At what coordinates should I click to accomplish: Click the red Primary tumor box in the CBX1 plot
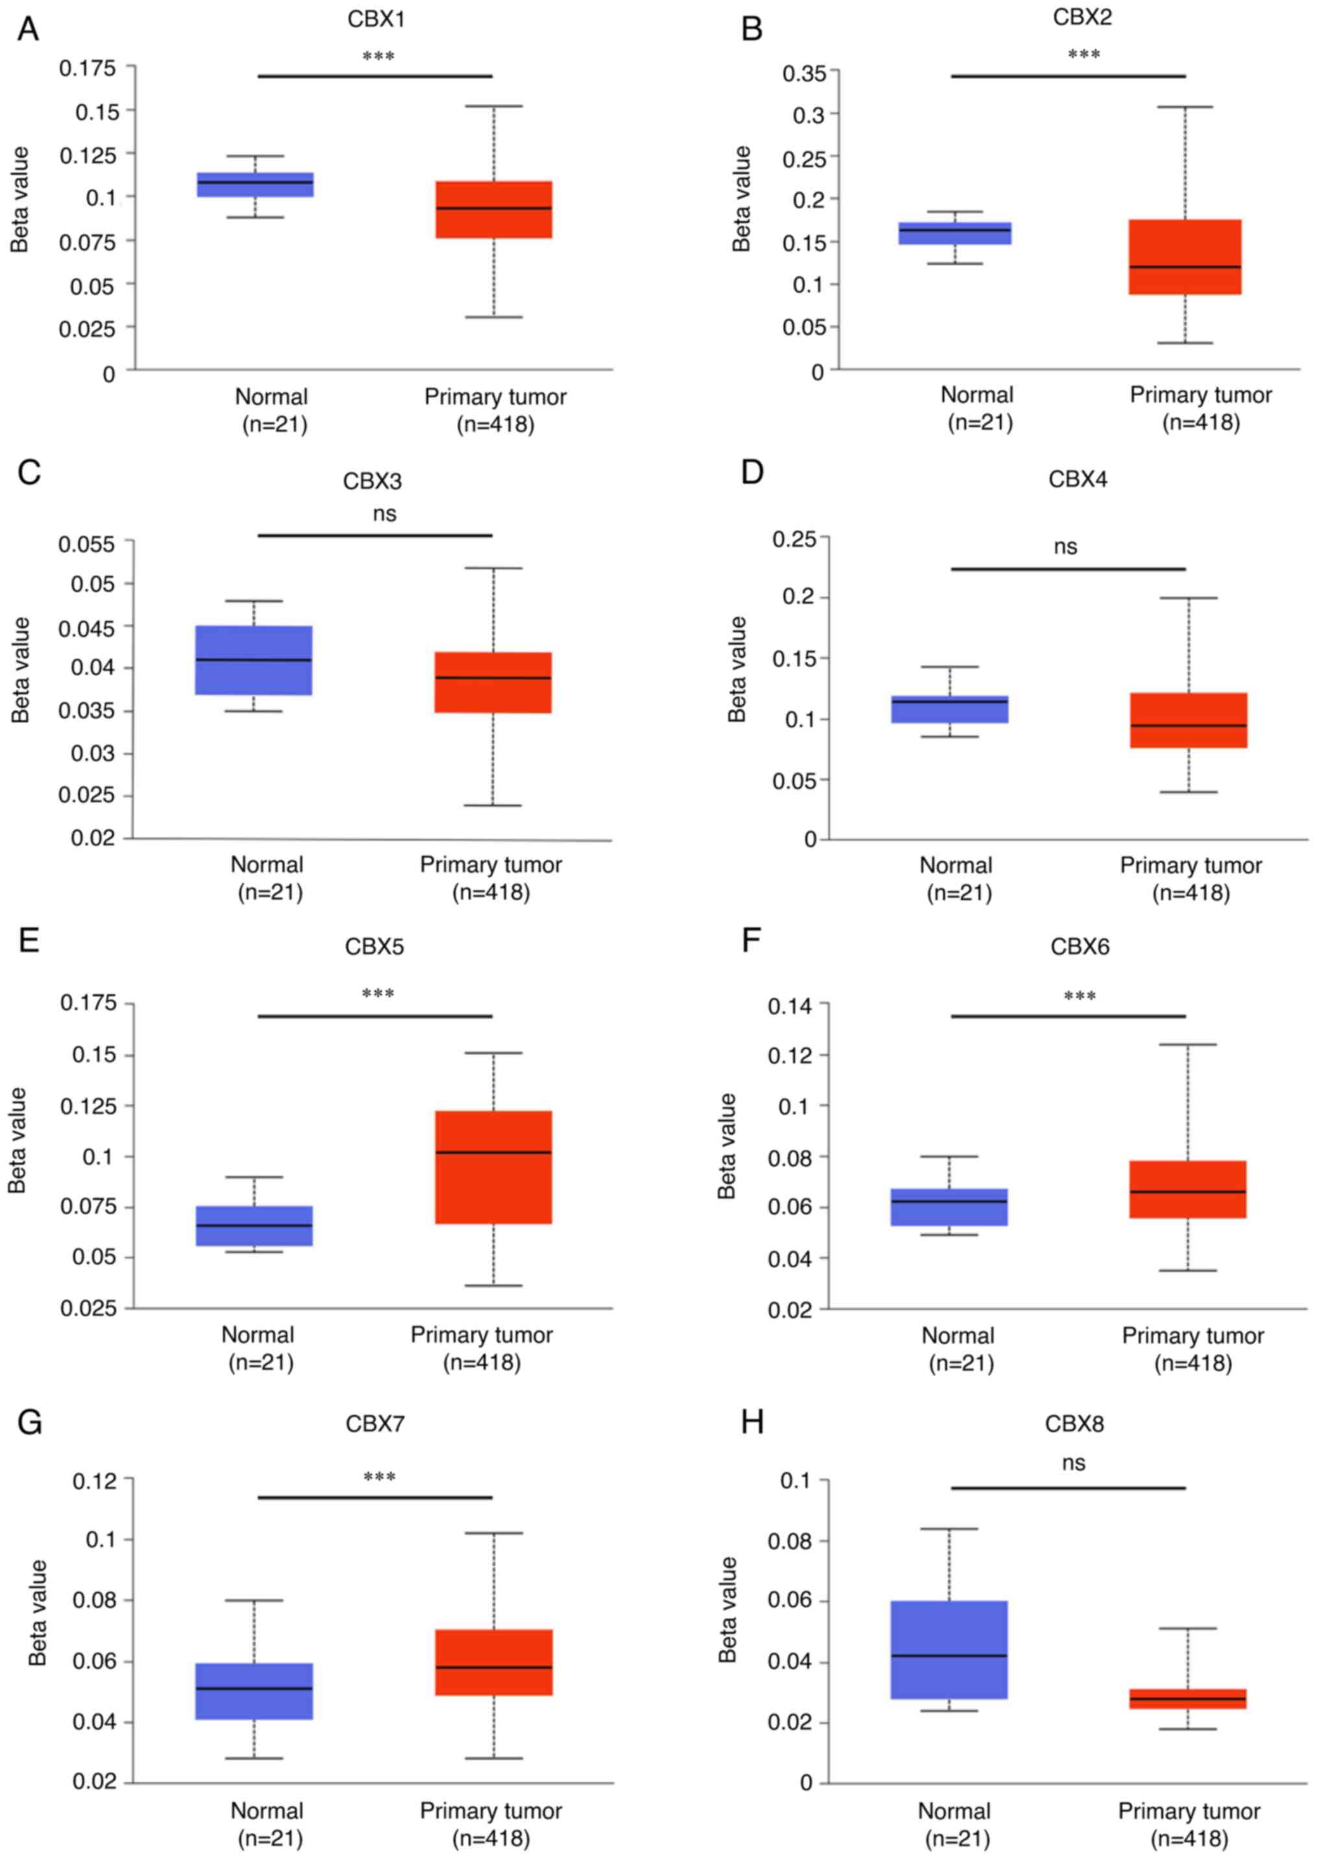click(493, 210)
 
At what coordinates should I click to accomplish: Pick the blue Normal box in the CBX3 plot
click(254, 660)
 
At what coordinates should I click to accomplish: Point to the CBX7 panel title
click(375, 1423)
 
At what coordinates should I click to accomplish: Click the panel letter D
click(752, 472)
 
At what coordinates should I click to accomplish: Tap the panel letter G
click(29, 1423)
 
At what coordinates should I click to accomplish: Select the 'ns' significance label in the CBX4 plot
click(1066, 547)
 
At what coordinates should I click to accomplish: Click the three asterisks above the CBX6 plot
click(1079, 996)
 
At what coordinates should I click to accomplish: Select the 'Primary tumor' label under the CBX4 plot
click(1190, 866)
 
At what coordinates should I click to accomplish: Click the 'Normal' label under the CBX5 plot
click(258, 1335)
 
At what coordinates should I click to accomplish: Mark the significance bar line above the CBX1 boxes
click(375, 77)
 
